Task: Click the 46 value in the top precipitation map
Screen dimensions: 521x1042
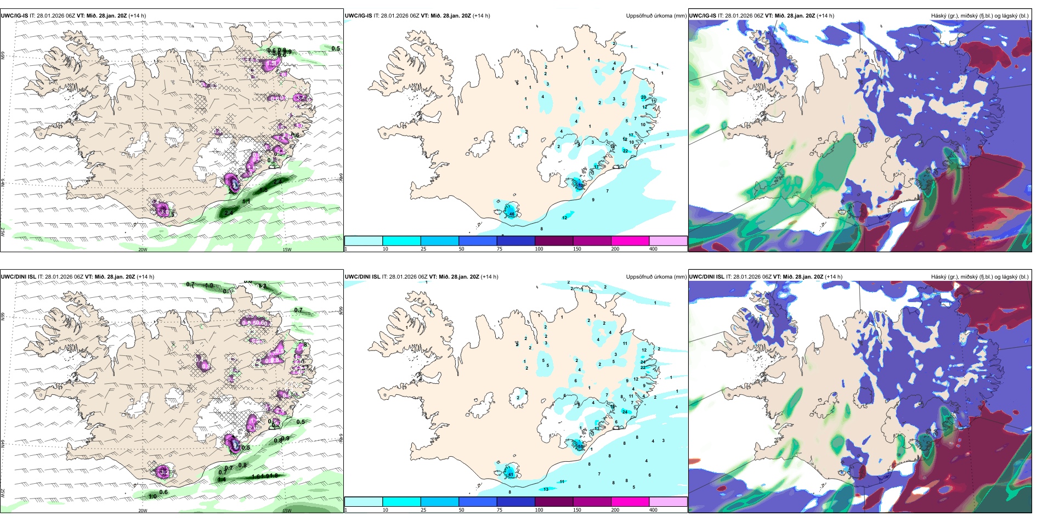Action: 512,213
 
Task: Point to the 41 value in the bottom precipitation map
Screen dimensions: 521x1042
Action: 510,474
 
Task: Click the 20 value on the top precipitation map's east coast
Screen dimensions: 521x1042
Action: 643,97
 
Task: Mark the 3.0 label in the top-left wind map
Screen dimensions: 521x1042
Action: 163,211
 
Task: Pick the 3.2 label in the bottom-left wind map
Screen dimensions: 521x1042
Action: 163,471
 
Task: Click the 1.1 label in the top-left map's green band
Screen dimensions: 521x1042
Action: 246,202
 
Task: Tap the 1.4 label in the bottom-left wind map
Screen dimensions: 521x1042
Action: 222,480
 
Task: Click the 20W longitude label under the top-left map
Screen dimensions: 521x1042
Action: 143,250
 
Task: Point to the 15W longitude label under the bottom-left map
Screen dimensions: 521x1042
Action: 287,511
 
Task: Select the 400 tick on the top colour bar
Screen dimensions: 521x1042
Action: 653,249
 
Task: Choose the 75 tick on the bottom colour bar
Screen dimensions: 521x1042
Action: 500,510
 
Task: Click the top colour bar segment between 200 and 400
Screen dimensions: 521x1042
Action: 668,241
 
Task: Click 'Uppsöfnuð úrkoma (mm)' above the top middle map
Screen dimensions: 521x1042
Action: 656,16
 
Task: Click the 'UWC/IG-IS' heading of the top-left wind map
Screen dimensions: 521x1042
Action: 14,16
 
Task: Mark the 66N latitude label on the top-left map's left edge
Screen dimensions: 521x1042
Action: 3,56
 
